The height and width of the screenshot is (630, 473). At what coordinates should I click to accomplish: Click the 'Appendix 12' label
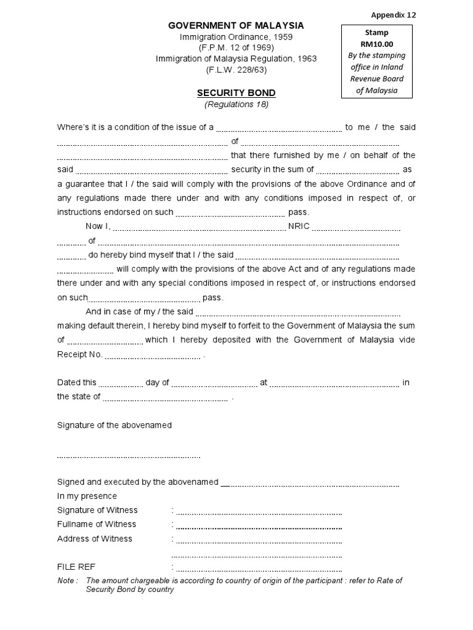pos(393,15)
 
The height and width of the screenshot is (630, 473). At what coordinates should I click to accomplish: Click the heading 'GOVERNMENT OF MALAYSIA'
pos(236,26)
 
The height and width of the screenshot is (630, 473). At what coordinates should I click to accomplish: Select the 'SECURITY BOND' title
pos(236,93)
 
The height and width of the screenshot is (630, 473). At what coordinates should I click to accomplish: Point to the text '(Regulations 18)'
pos(236,105)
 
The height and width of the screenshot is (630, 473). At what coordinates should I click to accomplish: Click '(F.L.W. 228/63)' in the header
pos(236,70)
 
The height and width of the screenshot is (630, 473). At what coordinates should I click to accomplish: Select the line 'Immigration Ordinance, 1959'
pos(236,37)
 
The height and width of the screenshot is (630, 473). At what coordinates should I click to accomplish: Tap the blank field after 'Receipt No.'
pos(152,356)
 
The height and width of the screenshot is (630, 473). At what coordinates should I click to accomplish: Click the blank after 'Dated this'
pos(121,383)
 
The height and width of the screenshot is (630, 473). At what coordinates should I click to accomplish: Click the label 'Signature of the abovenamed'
pos(115,425)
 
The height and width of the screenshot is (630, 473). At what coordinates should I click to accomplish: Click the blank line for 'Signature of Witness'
pos(259,511)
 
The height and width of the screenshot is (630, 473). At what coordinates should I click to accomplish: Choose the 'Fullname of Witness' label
pos(97,524)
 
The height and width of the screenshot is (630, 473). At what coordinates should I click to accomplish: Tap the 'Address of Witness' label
pos(94,538)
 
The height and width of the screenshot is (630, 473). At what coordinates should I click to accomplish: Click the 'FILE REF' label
pos(76,567)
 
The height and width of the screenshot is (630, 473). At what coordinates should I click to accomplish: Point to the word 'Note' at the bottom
pos(65,581)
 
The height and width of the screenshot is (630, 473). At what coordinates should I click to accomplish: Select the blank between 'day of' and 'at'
pos(214,383)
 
